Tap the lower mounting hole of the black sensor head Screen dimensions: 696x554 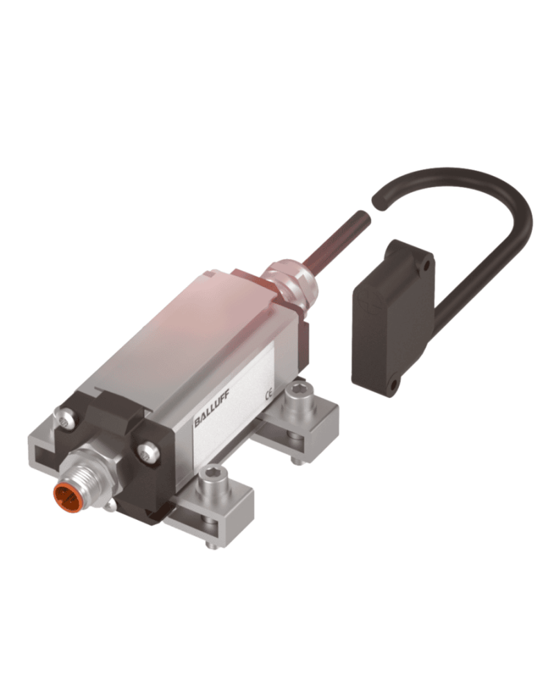click(393, 381)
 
